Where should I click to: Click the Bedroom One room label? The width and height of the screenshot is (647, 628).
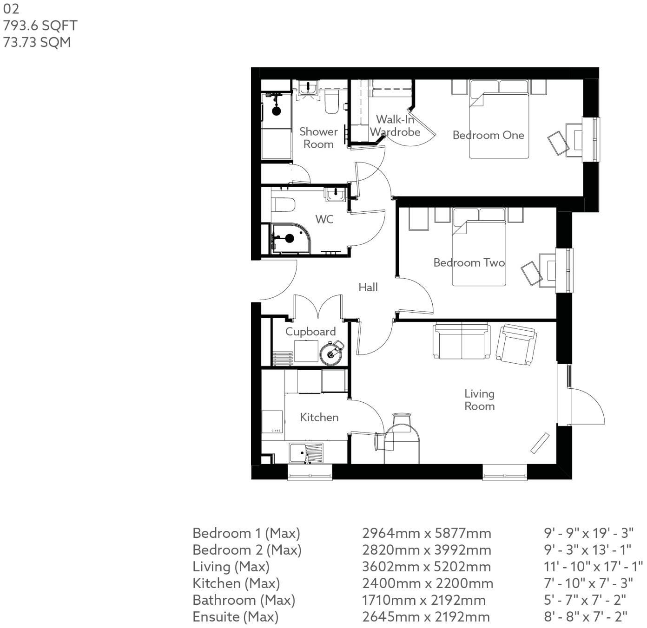click(488, 135)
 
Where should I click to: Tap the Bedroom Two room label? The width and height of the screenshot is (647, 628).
click(469, 263)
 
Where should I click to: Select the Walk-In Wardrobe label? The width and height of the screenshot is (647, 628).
click(395, 126)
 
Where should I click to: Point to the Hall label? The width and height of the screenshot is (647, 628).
click(368, 288)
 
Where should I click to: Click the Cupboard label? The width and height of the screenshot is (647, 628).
click(310, 332)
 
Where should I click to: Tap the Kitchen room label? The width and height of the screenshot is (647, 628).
click(319, 417)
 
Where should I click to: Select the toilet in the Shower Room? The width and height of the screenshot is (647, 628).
click(331, 103)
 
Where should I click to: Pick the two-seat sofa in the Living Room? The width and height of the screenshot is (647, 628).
click(462, 342)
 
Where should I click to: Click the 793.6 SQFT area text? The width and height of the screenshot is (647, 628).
click(40, 26)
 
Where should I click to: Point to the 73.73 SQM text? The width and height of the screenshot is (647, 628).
click(37, 42)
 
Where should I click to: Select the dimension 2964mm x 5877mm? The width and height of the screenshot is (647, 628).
click(426, 533)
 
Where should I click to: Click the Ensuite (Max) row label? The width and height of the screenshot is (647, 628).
click(235, 617)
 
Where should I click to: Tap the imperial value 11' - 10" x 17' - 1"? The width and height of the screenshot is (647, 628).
click(593, 567)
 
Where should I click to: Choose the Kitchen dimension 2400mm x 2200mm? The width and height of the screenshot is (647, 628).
click(427, 583)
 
